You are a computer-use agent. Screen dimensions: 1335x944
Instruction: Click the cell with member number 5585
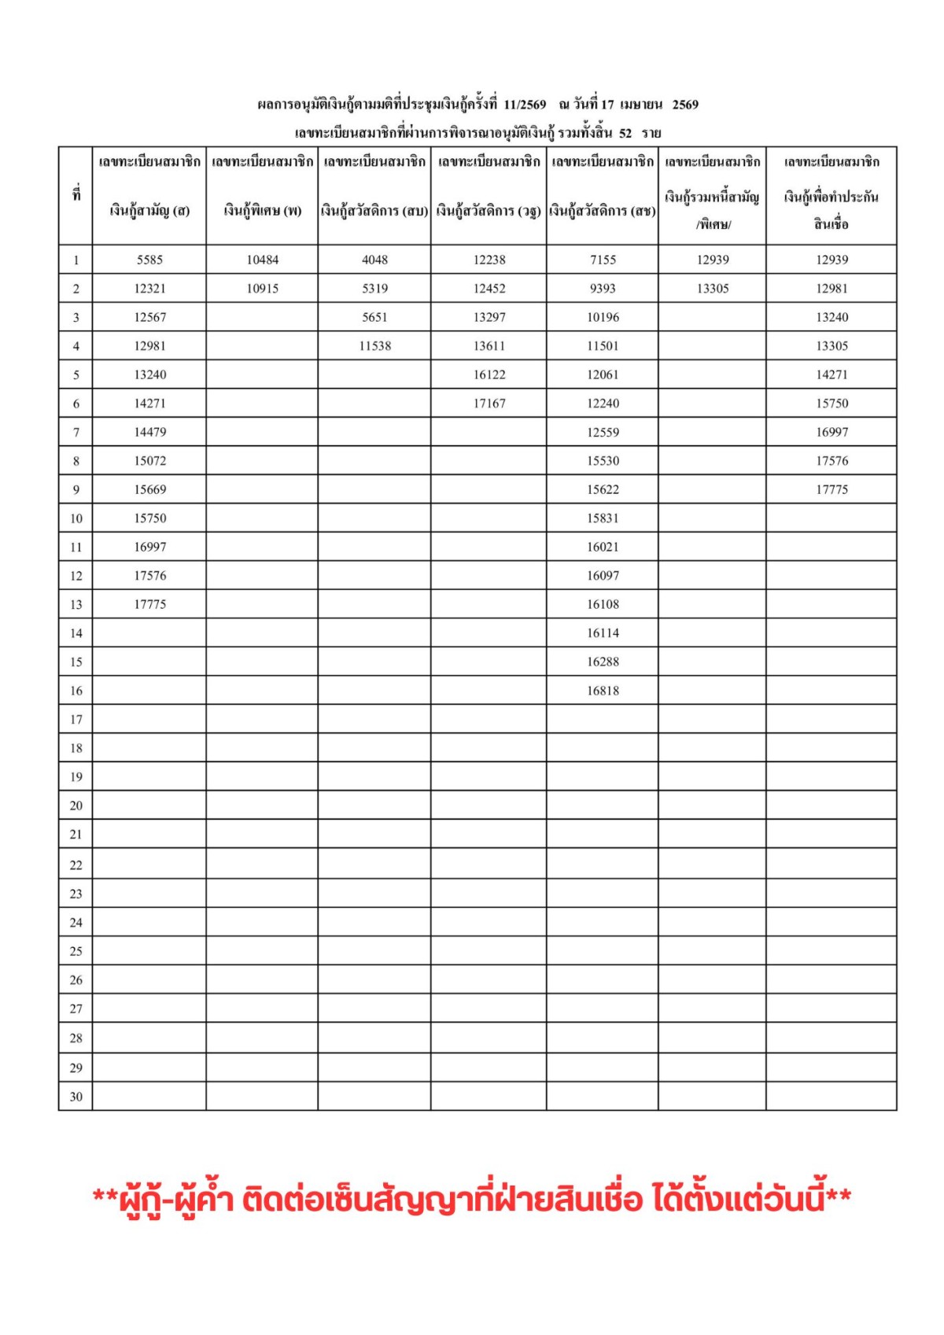point(149,260)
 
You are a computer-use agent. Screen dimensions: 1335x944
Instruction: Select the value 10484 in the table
point(262,260)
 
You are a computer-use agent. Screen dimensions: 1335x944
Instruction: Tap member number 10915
point(262,289)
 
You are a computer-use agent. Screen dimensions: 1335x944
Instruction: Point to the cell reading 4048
point(374,260)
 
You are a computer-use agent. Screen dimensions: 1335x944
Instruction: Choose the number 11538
point(374,346)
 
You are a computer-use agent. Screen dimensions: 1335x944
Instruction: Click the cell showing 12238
point(489,260)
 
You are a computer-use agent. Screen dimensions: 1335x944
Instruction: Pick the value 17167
point(489,404)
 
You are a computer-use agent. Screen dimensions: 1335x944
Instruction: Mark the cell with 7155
point(603,260)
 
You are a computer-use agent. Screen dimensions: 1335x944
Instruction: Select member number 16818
point(603,691)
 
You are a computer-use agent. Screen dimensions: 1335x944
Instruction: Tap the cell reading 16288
point(603,662)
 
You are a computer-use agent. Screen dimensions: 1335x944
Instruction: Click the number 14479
point(149,432)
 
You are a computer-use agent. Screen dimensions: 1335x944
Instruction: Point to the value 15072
point(149,461)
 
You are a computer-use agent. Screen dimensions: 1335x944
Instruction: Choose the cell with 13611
point(489,346)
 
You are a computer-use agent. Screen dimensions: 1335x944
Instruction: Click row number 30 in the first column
point(76,1097)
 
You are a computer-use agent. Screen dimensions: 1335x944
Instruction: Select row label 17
point(76,719)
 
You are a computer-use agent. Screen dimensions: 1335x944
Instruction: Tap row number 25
point(76,951)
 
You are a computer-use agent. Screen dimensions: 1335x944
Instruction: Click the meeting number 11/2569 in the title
point(525,105)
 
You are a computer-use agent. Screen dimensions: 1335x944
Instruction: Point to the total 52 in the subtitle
point(625,133)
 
